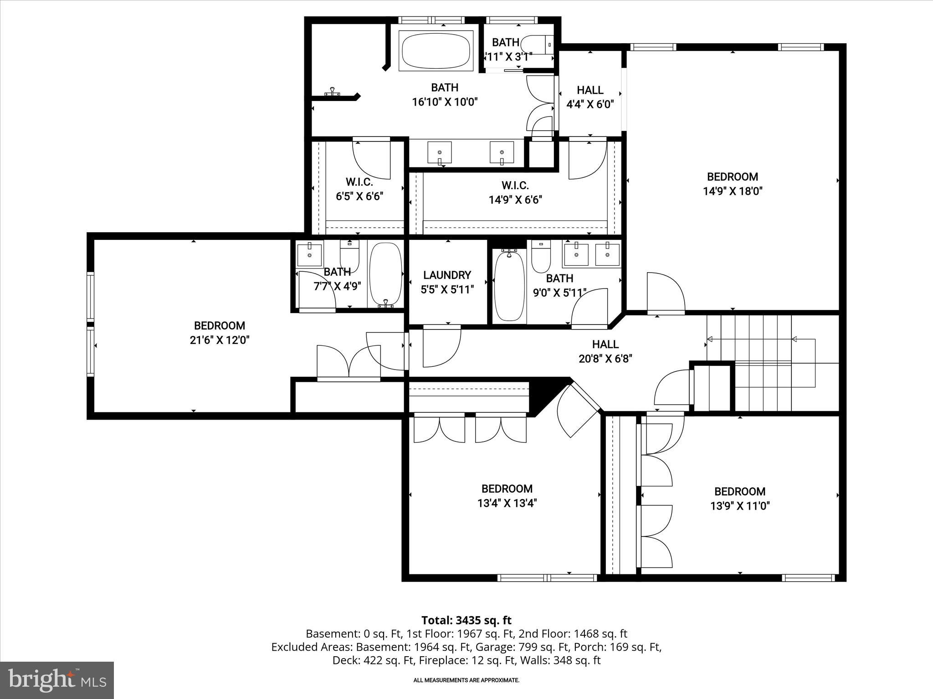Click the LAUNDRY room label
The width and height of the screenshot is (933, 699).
click(447, 275)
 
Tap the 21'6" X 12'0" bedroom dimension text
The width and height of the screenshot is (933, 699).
click(220, 340)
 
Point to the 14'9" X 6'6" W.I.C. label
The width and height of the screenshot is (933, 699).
click(515, 200)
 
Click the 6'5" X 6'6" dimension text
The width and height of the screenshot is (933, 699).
click(359, 197)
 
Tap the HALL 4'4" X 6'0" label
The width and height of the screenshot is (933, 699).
click(590, 97)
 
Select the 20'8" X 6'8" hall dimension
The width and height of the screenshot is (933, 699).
click(605, 359)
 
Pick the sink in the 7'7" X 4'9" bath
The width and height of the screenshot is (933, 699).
click(309, 255)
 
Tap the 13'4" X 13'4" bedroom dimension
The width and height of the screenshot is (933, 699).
click(507, 503)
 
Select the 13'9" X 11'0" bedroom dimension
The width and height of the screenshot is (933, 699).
click(740, 506)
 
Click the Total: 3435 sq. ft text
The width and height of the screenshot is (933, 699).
click(466, 620)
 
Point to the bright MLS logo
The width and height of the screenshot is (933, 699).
click(57, 680)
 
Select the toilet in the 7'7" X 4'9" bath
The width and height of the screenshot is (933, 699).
click(350, 256)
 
